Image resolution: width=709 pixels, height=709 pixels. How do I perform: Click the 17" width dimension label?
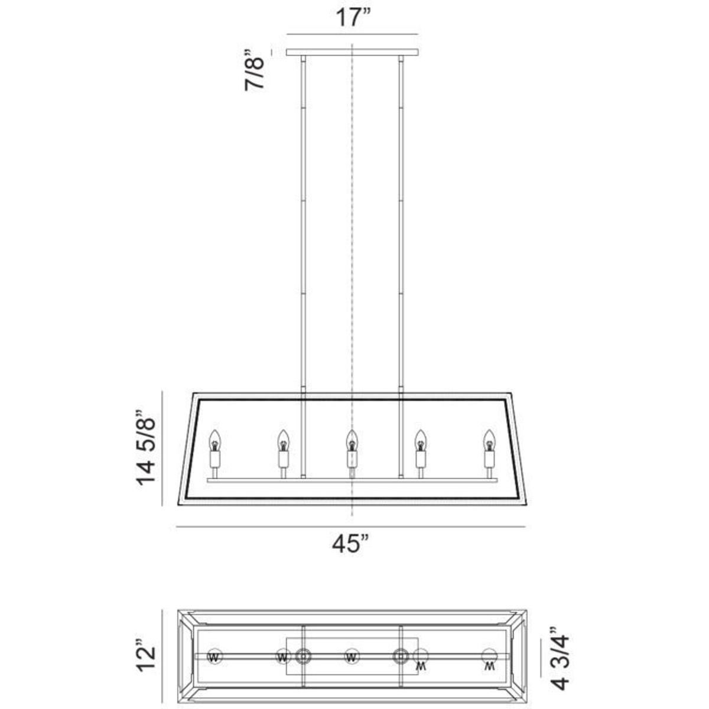(x=353, y=18)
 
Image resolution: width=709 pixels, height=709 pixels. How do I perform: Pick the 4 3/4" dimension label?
(x=560, y=658)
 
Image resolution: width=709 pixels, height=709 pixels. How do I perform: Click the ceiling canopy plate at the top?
(x=352, y=53)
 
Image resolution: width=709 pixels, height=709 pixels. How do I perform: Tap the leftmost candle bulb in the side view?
(x=214, y=440)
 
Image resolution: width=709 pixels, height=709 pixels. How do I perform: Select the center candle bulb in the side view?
(x=352, y=440)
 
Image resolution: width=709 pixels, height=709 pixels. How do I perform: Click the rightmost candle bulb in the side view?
(x=489, y=440)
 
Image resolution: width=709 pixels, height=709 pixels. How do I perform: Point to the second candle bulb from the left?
(x=284, y=440)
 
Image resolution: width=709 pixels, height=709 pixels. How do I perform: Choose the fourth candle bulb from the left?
(x=421, y=440)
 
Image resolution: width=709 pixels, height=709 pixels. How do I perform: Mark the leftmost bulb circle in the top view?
(x=214, y=656)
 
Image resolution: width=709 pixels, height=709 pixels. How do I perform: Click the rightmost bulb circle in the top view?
(x=489, y=656)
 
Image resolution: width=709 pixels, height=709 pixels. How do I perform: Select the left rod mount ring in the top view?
(x=304, y=656)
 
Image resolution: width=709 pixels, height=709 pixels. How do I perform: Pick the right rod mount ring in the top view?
(x=401, y=656)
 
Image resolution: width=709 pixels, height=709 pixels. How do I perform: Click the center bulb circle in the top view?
(x=352, y=656)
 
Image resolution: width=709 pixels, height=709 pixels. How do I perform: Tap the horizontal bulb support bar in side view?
(x=352, y=481)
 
